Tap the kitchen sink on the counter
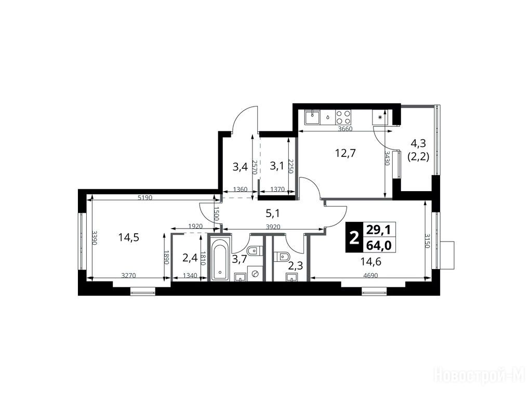click(312, 117)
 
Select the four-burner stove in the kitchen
click(343, 117)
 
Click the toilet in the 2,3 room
click(281, 257)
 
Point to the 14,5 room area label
click(129, 237)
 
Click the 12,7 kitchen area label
click(345, 153)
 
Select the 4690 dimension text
click(370, 276)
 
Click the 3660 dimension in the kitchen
click(345, 129)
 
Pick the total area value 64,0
click(379, 245)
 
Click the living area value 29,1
click(379, 230)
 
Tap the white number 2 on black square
click(354, 237)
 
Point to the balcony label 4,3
click(418, 143)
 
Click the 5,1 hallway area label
click(273, 214)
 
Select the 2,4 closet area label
click(190, 258)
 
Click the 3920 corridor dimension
click(273, 227)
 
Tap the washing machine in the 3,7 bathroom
click(255, 273)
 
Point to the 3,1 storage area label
click(277, 166)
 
